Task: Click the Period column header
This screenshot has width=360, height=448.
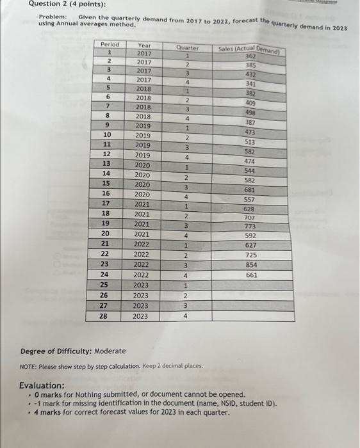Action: point(110,44)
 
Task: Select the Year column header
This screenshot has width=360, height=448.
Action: point(144,45)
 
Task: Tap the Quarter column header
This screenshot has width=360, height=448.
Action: point(186,47)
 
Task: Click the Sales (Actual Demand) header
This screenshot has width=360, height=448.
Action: point(250,50)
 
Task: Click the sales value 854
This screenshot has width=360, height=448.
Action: point(252,264)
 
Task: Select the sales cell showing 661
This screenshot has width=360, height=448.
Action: point(252,275)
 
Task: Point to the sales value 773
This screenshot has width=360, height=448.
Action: point(250,227)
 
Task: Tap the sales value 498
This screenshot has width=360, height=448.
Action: point(250,112)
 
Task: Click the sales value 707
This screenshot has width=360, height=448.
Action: point(250,218)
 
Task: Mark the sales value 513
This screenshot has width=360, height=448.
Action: point(250,142)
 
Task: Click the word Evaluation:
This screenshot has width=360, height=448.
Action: point(42,385)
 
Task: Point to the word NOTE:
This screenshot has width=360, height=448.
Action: point(29,365)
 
